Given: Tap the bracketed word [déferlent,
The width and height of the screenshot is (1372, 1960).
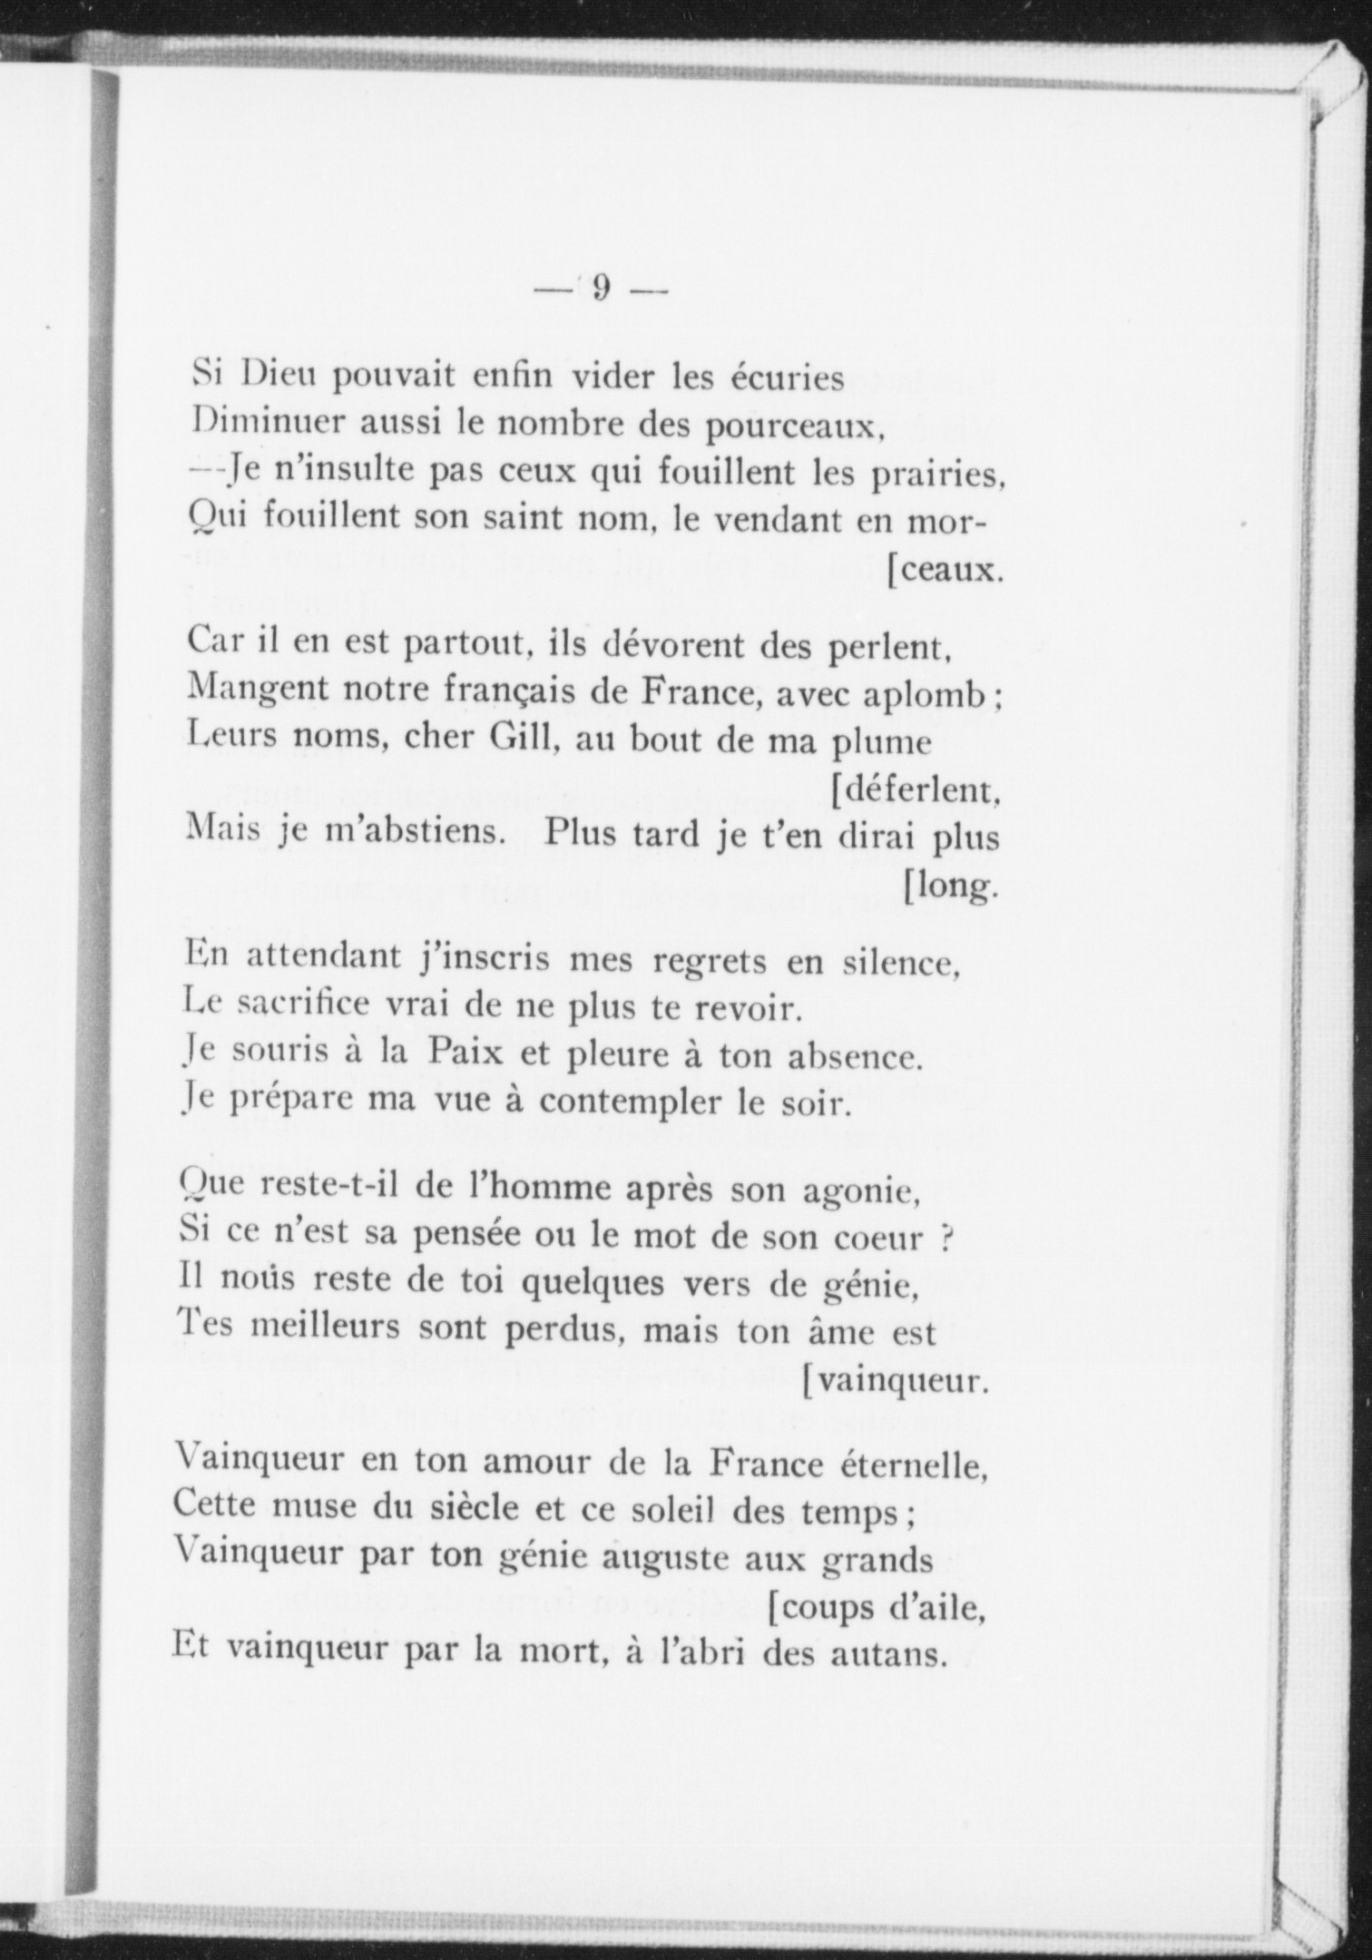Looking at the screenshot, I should [x=916, y=790].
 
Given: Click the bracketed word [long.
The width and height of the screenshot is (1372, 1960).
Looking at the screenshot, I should [x=950, y=885].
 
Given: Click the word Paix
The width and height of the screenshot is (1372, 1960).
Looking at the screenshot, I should [x=471, y=1054].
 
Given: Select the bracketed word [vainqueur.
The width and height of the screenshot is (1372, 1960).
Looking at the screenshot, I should [x=893, y=1382].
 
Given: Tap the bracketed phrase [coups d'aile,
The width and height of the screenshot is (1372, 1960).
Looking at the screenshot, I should [x=877, y=1610].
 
